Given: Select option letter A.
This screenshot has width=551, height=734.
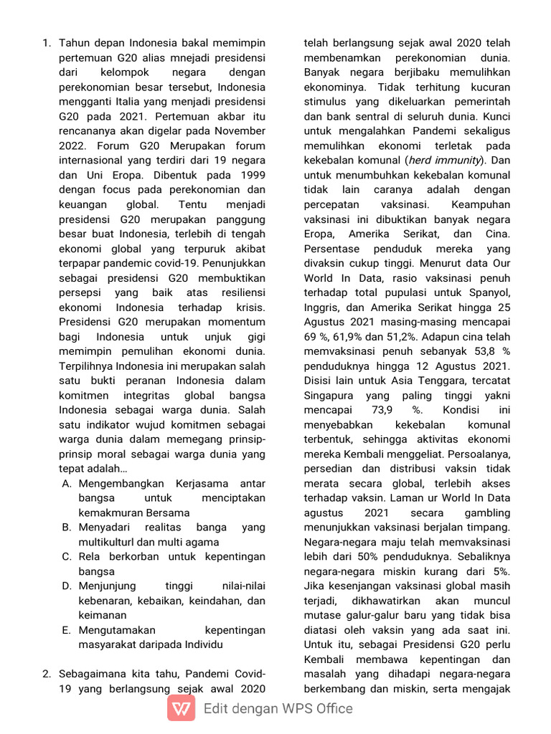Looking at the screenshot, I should pos(66,483).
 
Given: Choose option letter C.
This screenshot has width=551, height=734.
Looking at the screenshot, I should pos(66,556).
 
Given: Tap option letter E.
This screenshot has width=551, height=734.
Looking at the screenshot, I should pos(66,630).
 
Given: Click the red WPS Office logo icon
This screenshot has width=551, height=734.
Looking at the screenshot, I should pos(181,709).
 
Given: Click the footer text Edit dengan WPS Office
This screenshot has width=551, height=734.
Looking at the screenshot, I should pos(278,709).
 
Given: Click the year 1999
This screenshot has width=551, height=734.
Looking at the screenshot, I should pos(250,174).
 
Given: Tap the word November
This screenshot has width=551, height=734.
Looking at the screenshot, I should pos(240,130).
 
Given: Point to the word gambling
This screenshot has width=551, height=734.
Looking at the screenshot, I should pos(486,513).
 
